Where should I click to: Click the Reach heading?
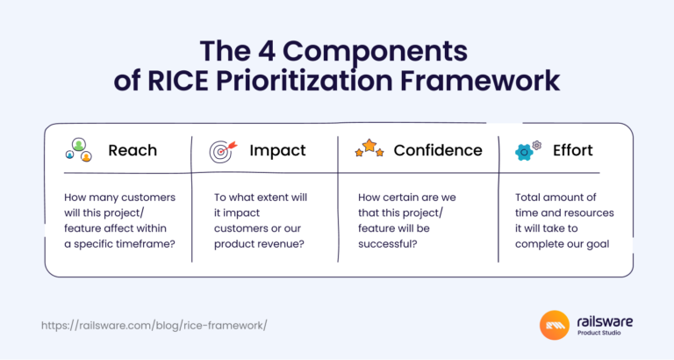[133, 150]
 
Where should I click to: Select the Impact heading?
[277, 150]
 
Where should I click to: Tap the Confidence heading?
[437, 150]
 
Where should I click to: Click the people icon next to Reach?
[79, 150]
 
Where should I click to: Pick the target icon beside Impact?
[223, 150]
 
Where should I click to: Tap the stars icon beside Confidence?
[369, 148]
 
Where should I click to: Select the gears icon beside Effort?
[527, 149]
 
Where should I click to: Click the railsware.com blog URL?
[154, 325]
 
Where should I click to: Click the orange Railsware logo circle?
[557, 326]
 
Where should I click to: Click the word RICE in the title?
[176, 82]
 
